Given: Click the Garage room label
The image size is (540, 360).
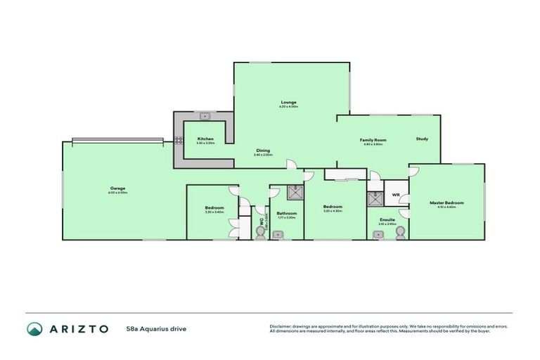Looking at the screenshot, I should tap(117, 188).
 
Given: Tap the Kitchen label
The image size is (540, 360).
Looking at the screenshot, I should tap(205, 139).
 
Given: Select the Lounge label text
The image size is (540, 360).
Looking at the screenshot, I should tap(288, 102).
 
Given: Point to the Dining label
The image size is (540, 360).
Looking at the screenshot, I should tap(263, 150).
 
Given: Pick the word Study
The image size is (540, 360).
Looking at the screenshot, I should tap(422, 139).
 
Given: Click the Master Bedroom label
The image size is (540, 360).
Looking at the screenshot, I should tap(446, 202).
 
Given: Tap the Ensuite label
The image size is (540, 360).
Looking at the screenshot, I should tap(387, 219).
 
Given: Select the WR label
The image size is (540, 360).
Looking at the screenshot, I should tap(396, 195).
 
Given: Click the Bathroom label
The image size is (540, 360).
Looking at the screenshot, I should tap(286, 213).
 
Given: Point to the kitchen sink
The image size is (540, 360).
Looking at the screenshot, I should tap(205, 116).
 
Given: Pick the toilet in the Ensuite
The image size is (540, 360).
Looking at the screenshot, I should tap(401, 235).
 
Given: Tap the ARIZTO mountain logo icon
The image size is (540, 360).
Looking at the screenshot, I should tap(34, 328).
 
